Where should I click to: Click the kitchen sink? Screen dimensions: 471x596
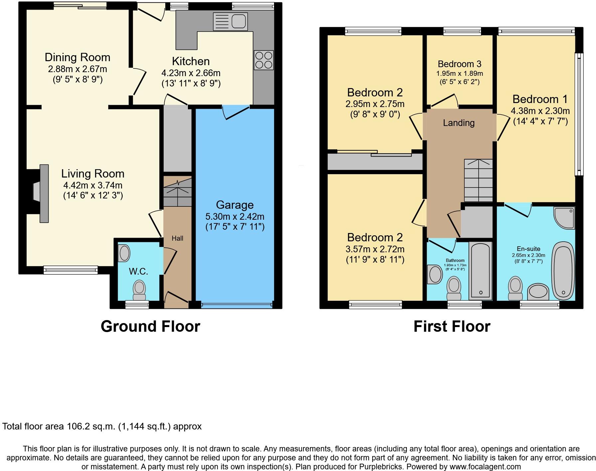pyautogui.click(x=230, y=21)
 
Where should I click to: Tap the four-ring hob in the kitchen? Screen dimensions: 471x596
pyautogui.click(x=263, y=60)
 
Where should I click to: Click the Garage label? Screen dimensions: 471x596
pyautogui.click(x=234, y=205)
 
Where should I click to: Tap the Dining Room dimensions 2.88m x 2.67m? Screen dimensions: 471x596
pyautogui.click(x=77, y=69)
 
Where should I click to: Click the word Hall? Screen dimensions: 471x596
pyautogui.click(x=177, y=238)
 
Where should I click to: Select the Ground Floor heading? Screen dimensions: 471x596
pyautogui.click(x=150, y=326)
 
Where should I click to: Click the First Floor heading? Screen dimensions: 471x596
pyautogui.click(x=452, y=326)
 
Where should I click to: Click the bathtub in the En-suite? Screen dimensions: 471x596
pyautogui.click(x=563, y=271)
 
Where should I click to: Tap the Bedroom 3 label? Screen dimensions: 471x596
pyautogui.click(x=460, y=64)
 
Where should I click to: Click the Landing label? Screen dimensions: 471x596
pyautogui.click(x=459, y=123)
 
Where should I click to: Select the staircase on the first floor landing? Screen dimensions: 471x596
pyautogui.click(x=478, y=180)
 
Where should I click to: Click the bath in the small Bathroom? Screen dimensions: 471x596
pyautogui.click(x=481, y=271)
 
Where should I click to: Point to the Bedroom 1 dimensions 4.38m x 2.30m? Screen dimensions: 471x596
pyautogui.click(x=540, y=111)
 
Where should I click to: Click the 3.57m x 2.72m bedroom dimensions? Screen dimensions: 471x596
pyautogui.click(x=375, y=249)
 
